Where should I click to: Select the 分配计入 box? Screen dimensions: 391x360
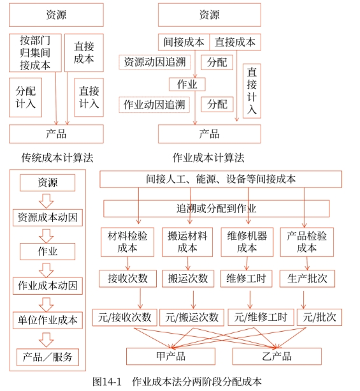tap(25, 97)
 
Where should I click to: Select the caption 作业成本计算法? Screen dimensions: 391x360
tap(208, 158)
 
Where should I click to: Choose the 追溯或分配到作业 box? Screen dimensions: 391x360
tap(217, 209)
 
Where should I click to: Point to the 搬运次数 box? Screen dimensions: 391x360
tap(187, 278)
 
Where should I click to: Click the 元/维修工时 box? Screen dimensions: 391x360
tap(261, 316)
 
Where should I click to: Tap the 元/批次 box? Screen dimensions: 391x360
tap(320, 316)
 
